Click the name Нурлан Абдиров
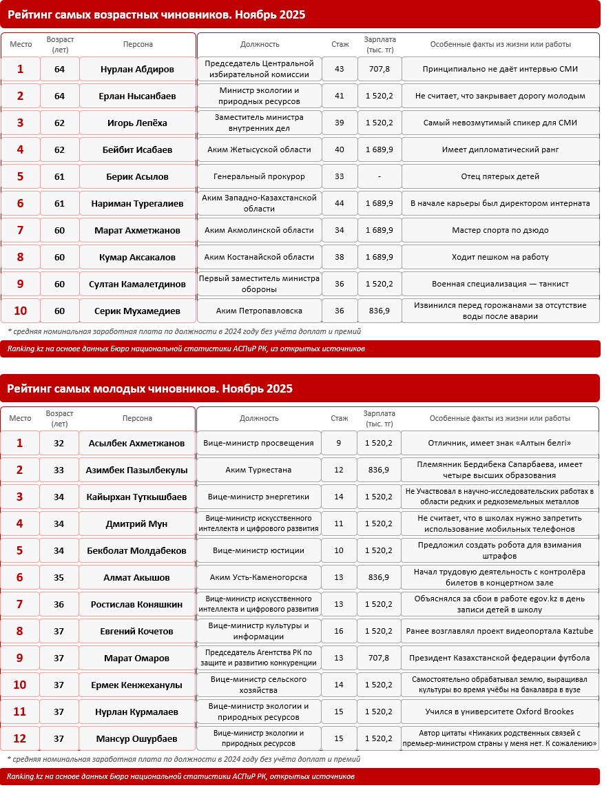(x=136, y=70)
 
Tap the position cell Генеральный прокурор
(x=259, y=177)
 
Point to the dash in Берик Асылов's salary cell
(x=379, y=177)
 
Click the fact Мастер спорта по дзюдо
(x=500, y=231)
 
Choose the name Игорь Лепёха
(x=136, y=123)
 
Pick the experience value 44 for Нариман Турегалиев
(x=339, y=204)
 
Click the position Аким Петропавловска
(x=259, y=311)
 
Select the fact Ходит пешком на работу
(x=500, y=258)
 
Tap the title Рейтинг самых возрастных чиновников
(x=156, y=14)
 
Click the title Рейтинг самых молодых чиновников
(x=150, y=389)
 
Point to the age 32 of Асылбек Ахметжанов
(x=59, y=444)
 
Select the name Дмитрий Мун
(x=136, y=524)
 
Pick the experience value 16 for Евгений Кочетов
(x=339, y=632)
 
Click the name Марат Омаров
(x=136, y=658)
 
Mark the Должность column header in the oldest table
(x=260, y=45)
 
